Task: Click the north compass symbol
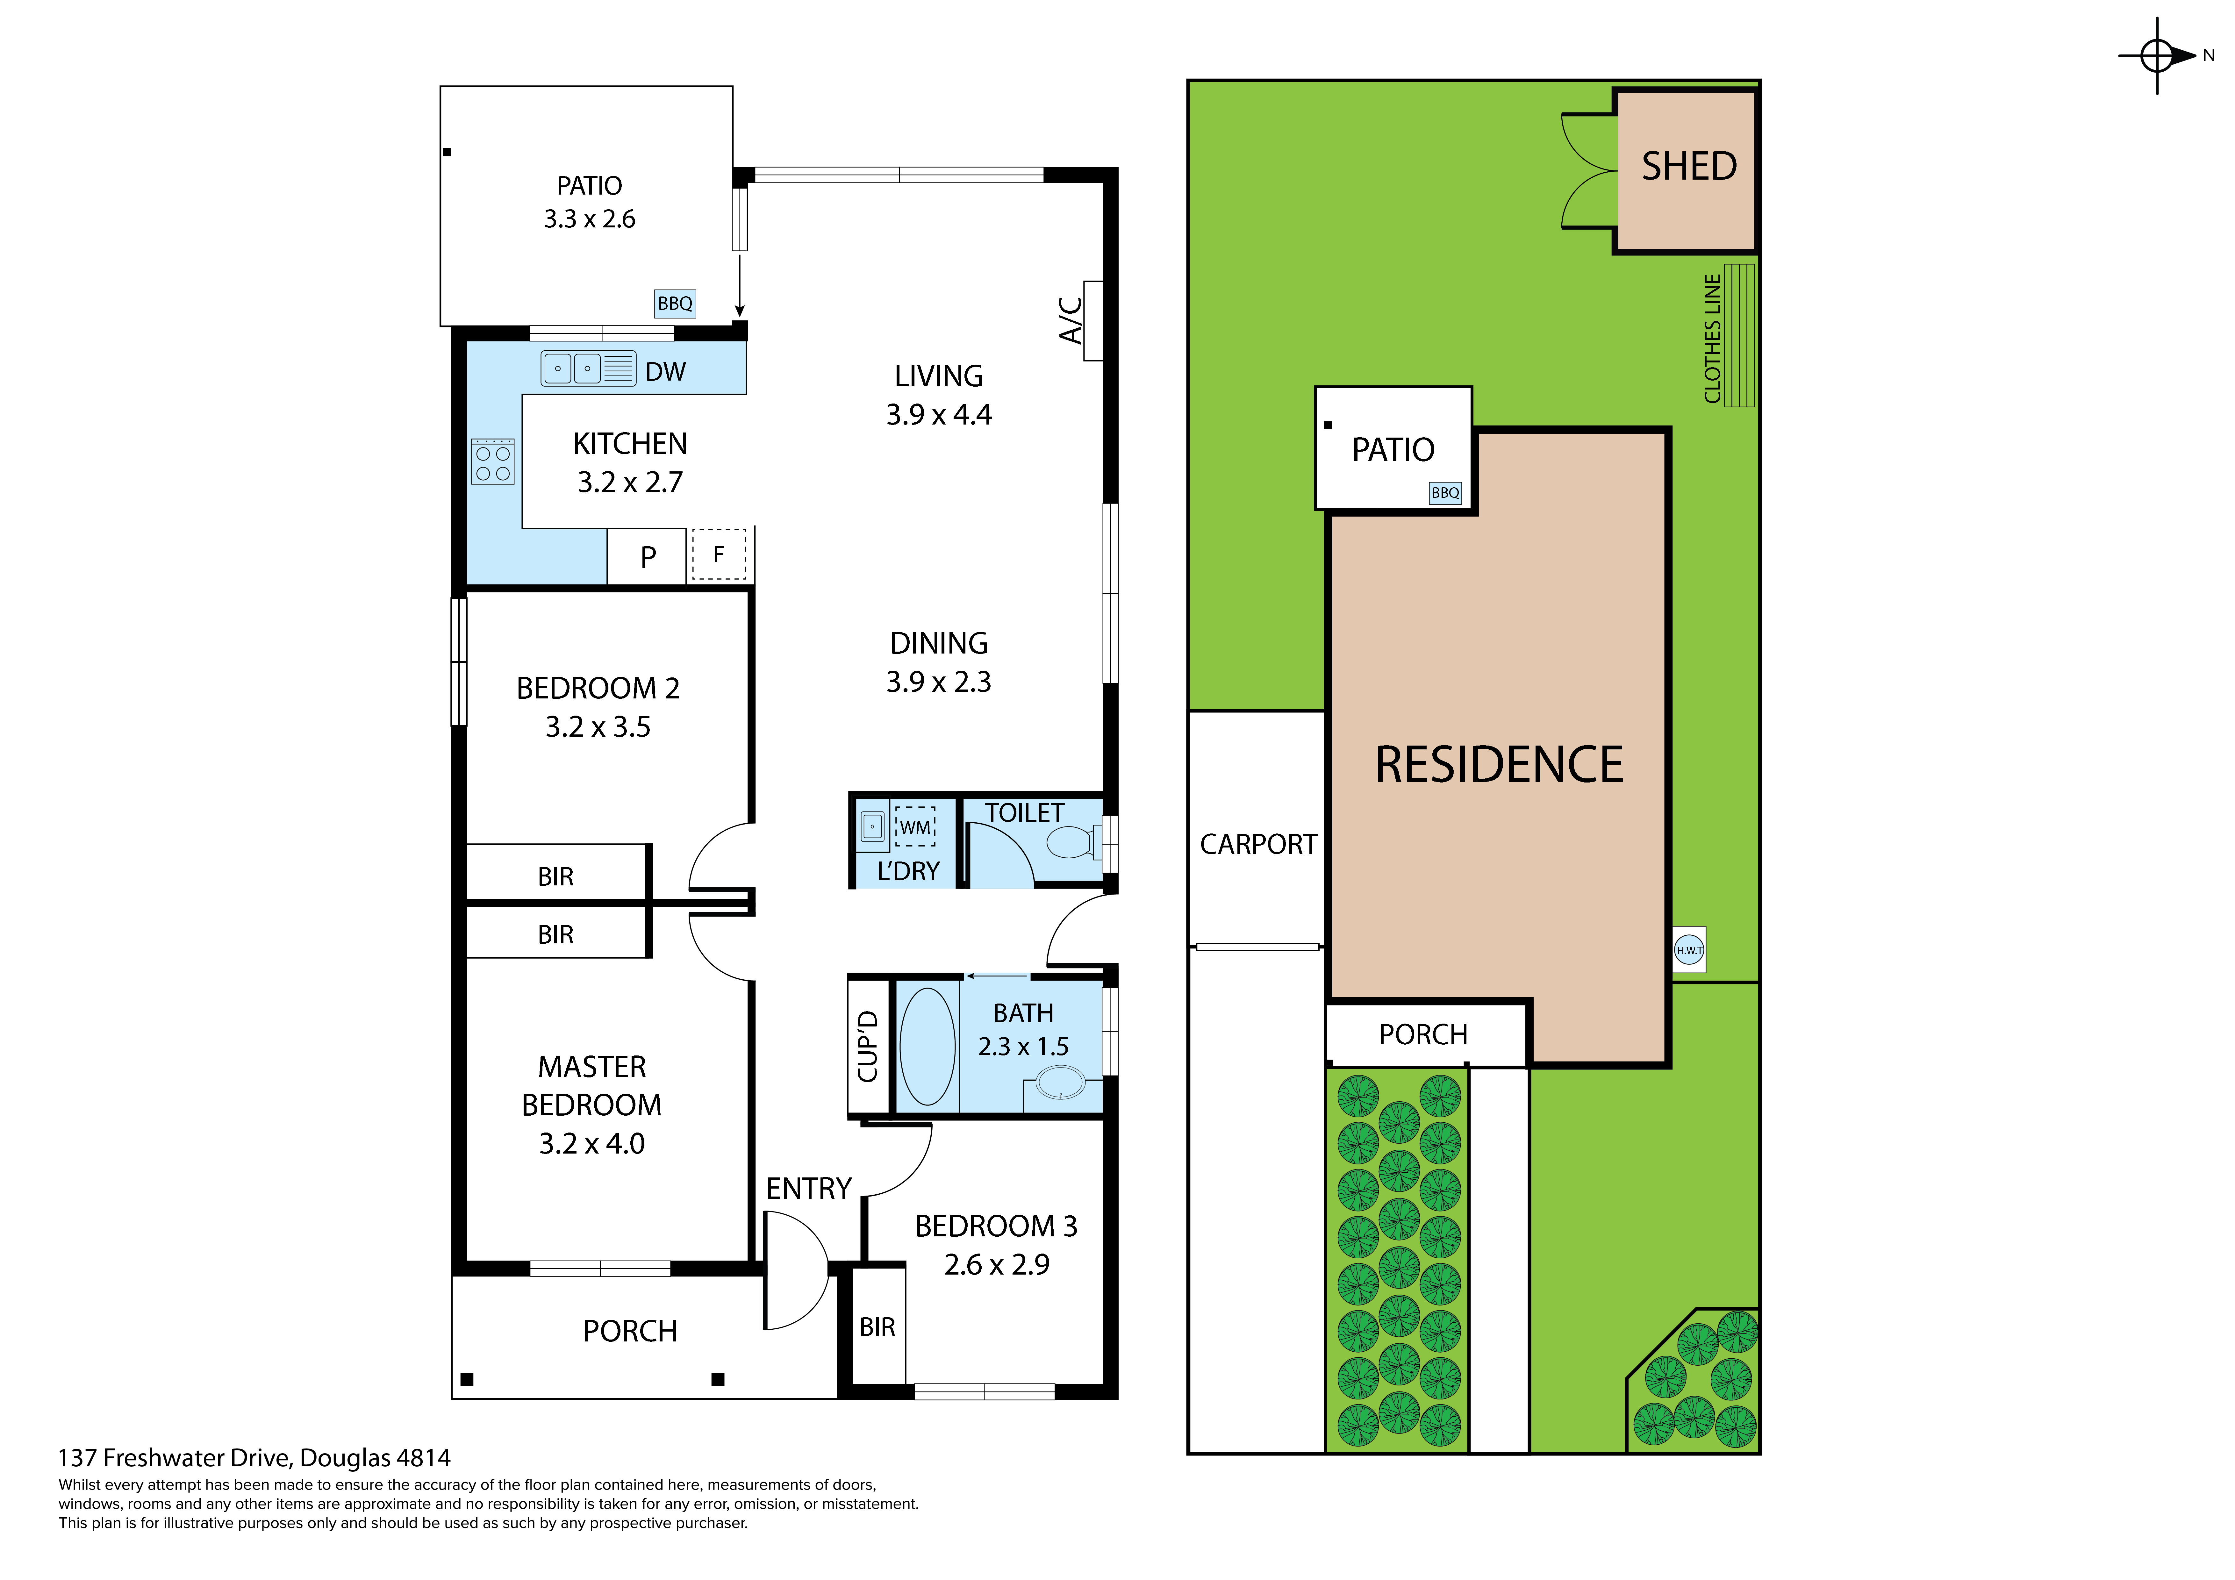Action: click(2157, 55)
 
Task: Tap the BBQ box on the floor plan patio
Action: click(675, 304)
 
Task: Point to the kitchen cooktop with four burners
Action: click(492, 461)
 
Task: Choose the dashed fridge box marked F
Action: click(718, 554)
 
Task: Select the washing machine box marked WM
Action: click(915, 826)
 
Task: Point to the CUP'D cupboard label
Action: click(867, 1047)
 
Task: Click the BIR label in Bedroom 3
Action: click(877, 1327)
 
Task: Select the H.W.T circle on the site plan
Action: click(1689, 950)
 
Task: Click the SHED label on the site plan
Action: click(1689, 167)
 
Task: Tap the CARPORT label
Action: click(1258, 844)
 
